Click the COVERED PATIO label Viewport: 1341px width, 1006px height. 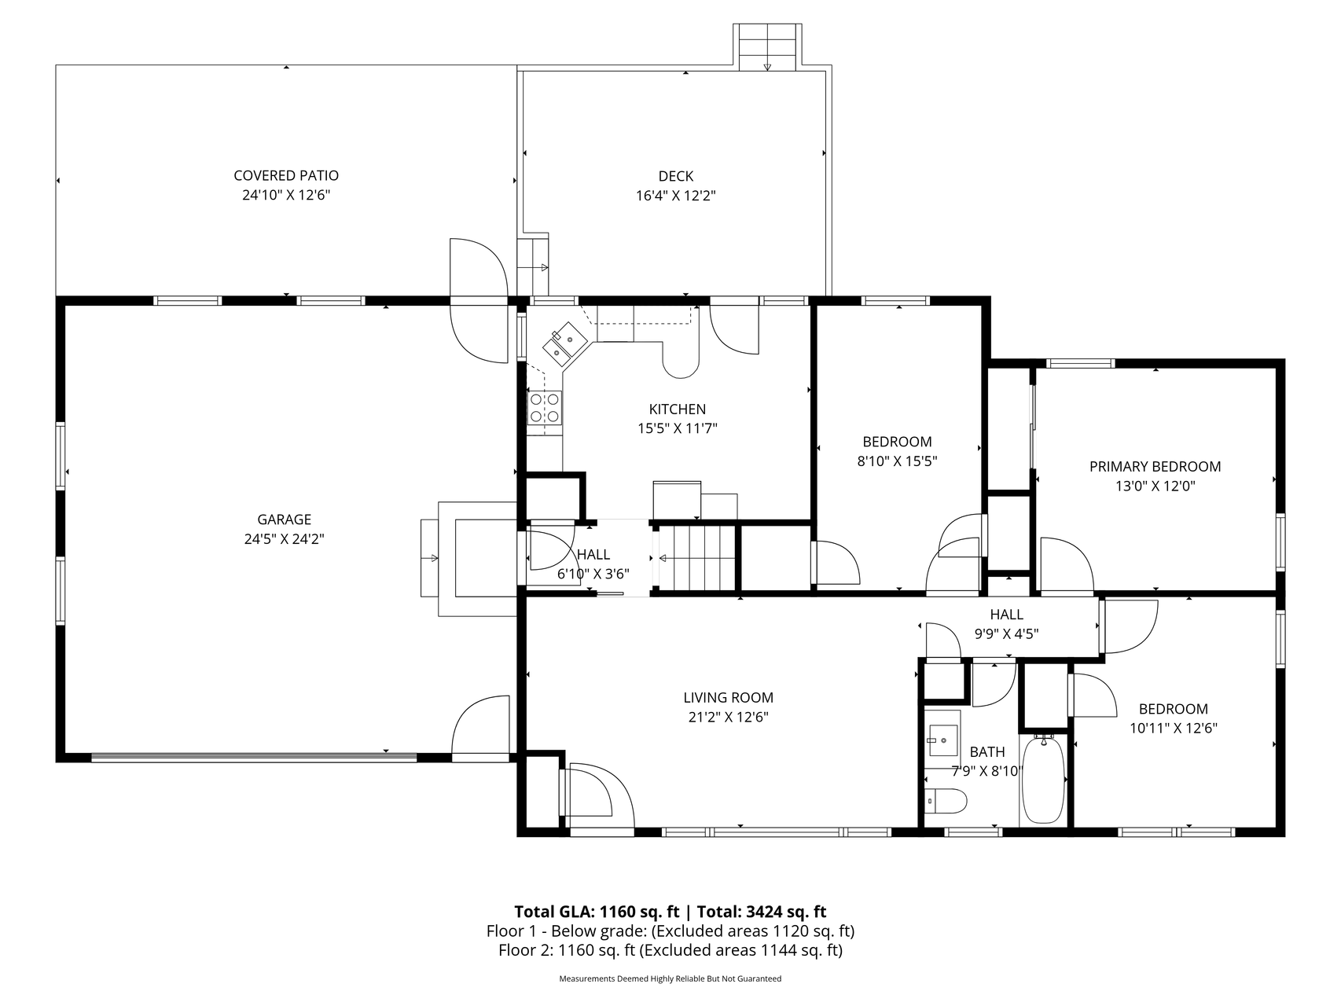[286, 175]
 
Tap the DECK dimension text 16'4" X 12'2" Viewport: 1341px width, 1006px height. [675, 196]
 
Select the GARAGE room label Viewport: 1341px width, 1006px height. [285, 520]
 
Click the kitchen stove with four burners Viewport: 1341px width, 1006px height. [545, 407]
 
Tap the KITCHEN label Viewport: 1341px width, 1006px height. [678, 409]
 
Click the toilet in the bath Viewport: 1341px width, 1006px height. [946, 801]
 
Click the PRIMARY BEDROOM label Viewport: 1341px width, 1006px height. [1155, 467]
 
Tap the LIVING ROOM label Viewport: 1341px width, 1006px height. [728, 698]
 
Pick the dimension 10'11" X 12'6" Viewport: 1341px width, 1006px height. [1174, 729]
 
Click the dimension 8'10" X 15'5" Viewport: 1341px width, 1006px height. [897, 461]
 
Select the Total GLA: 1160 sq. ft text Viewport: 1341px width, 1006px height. [597, 912]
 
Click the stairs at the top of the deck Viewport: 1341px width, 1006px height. [767, 47]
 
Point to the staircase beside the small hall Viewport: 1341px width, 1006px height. [696, 559]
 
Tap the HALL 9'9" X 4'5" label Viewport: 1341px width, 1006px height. [1007, 624]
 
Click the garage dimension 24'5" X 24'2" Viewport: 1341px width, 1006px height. [285, 539]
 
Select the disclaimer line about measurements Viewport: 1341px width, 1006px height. [670, 979]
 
